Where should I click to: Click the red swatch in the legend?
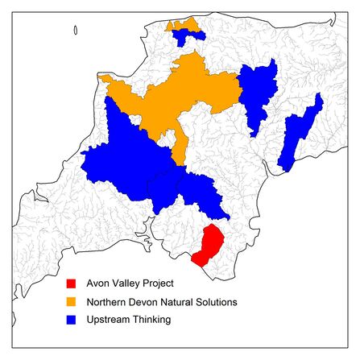[71, 283]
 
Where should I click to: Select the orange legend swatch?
[71, 302]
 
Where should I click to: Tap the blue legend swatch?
[71, 320]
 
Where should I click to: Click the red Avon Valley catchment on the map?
[209, 246]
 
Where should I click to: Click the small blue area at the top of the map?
[187, 34]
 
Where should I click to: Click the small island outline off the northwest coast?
[75, 31]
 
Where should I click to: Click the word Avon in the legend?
[99, 283]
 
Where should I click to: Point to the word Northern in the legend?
[107, 302]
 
